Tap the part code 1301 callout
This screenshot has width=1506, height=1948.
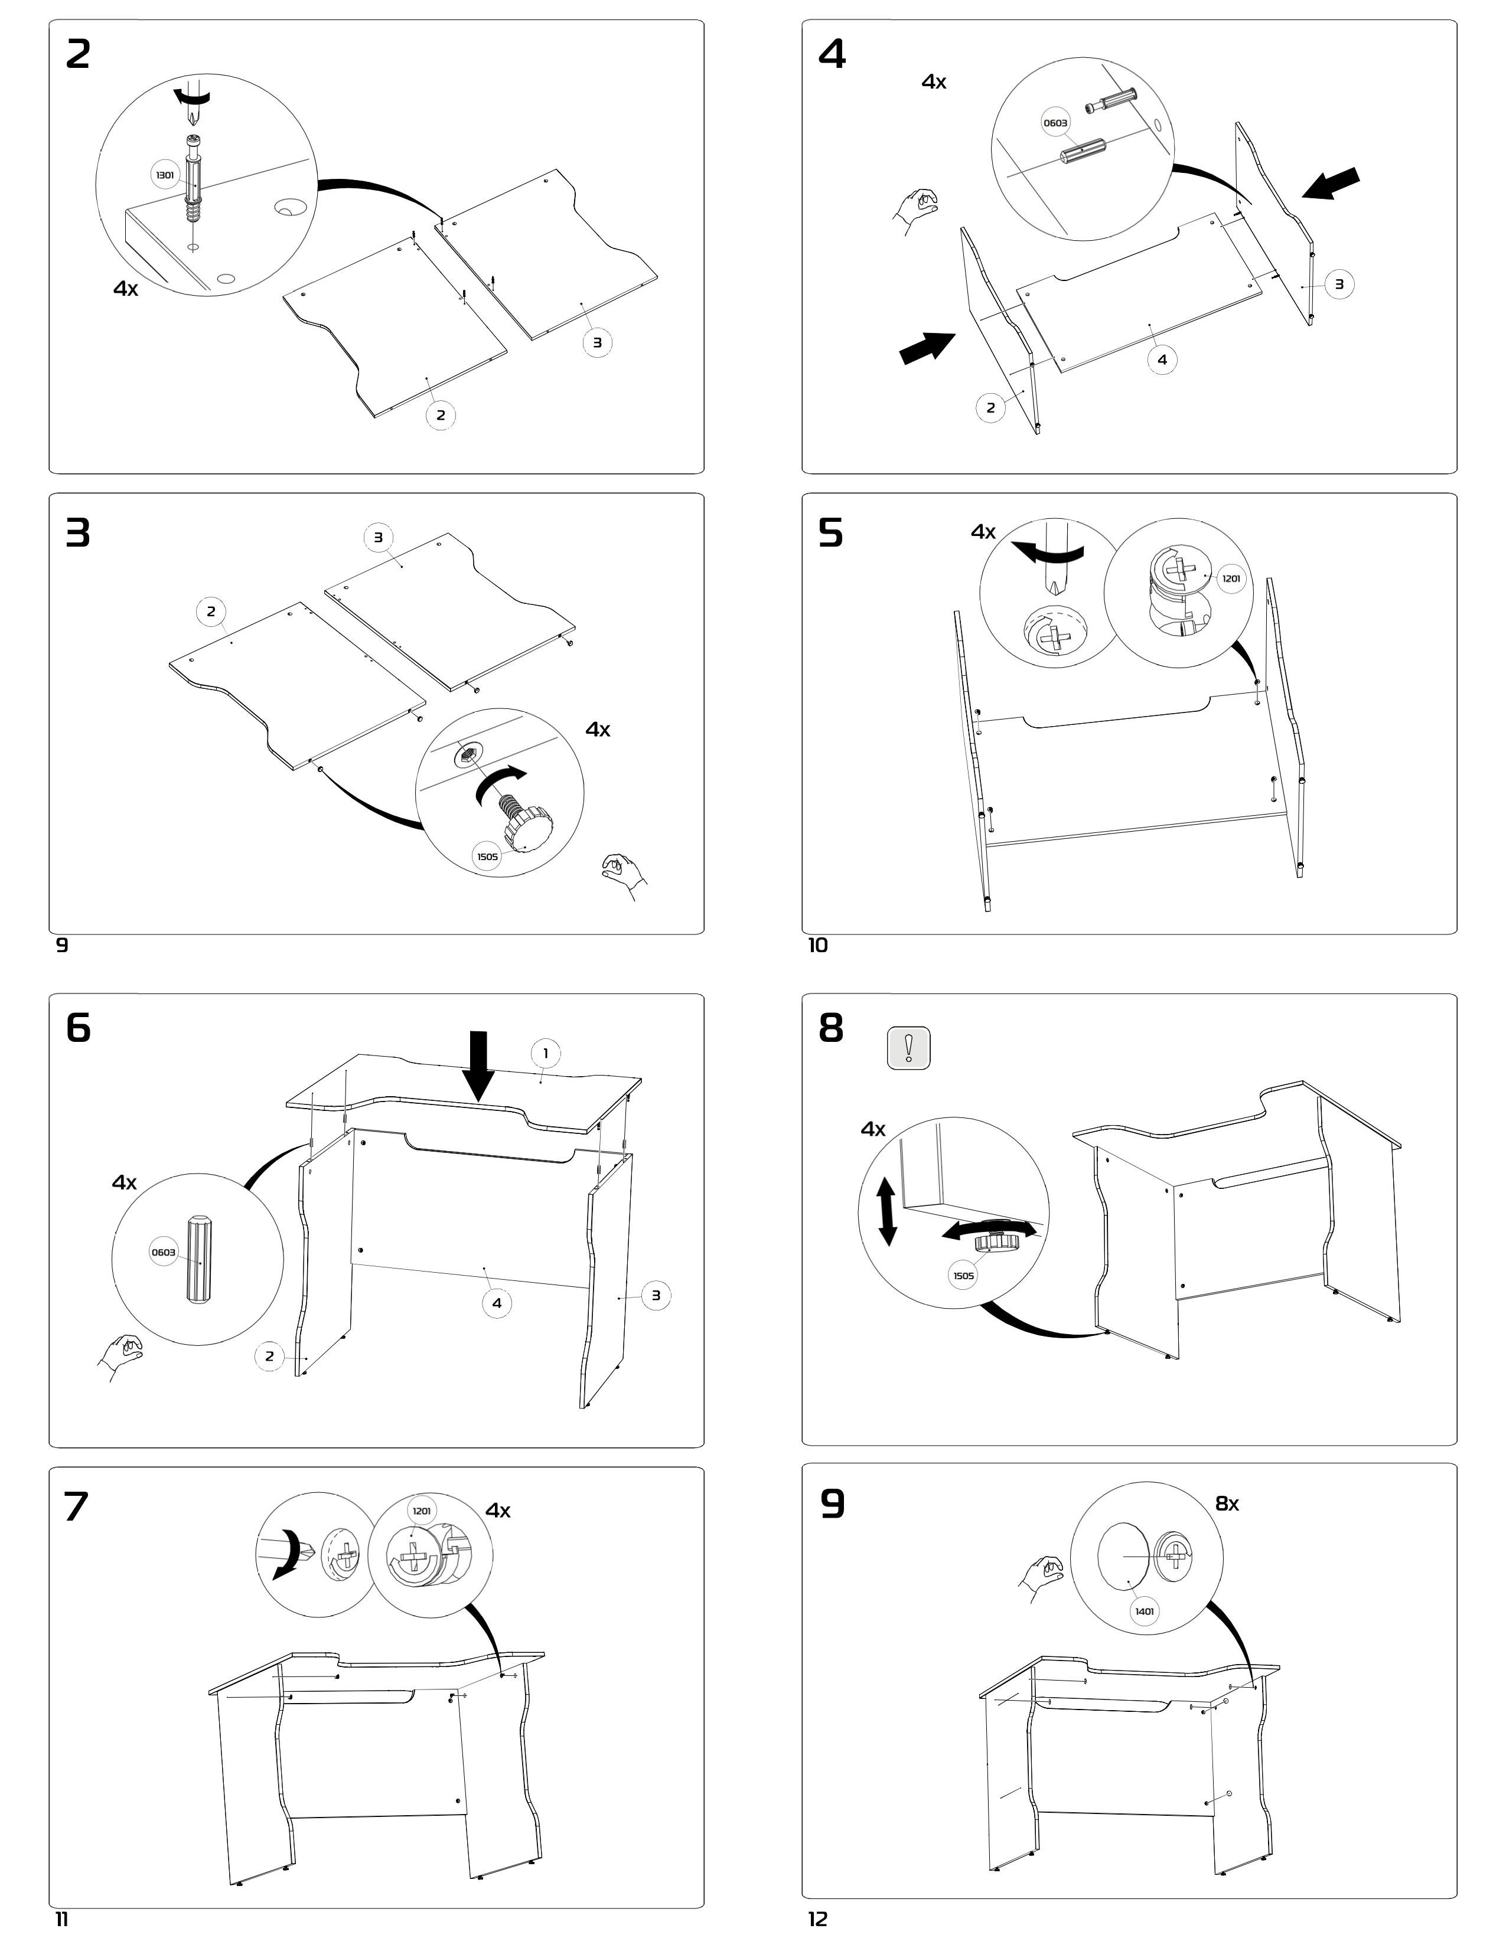[x=165, y=175]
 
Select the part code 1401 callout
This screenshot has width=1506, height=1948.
[x=1144, y=1611]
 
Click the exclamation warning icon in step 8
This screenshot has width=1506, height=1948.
[x=908, y=1047]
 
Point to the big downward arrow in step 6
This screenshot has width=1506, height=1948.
[x=479, y=1067]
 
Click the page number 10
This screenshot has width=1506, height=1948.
[x=817, y=946]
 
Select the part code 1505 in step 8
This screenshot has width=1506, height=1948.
[x=964, y=1276]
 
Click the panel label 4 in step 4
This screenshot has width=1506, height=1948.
[x=1162, y=359]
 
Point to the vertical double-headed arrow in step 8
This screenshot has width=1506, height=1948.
[x=887, y=1210]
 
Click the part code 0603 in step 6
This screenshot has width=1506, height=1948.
[x=163, y=1252]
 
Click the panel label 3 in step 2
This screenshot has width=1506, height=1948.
[x=597, y=342]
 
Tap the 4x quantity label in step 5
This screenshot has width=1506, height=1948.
[x=983, y=532]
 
